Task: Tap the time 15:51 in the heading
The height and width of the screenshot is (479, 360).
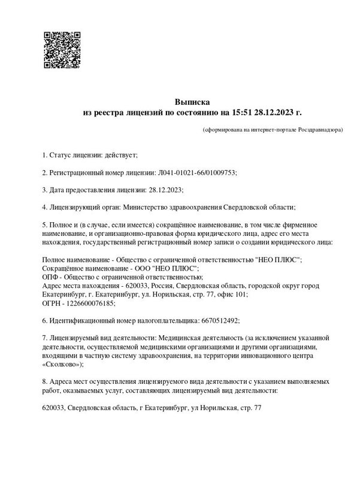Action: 241,112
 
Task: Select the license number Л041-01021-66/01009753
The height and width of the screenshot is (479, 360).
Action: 198,172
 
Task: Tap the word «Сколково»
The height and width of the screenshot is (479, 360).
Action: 62,363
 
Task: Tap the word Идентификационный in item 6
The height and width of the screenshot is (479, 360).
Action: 84,320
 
